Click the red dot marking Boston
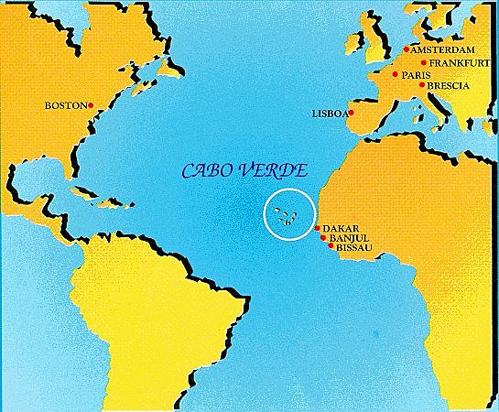(92, 106)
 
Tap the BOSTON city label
(65, 106)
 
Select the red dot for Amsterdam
(406, 49)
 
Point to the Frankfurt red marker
(424, 62)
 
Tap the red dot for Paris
(395, 74)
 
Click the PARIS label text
(417, 74)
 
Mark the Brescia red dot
(421, 85)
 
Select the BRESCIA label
(450, 85)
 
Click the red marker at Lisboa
(351, 113)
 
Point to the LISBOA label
(329, 114)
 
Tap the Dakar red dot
(317, 228)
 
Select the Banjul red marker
(322, 237)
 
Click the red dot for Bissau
(330, 246)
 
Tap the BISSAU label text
(354, 247)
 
